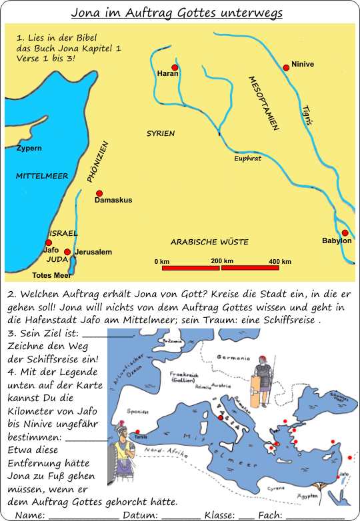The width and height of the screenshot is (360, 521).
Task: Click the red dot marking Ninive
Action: click(x=286, y=67)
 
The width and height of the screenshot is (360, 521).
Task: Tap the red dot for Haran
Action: click(x=175, y=68)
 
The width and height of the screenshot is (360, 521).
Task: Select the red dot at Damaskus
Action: click(x=99, y=193)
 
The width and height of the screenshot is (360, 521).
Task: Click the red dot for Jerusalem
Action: click(x=67, y=252)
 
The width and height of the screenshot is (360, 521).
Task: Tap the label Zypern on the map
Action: click(x=29, y=148)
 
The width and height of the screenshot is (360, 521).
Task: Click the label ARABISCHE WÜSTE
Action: click(x=209, y=242)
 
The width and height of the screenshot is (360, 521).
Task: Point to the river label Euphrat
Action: click(x=247, y=159)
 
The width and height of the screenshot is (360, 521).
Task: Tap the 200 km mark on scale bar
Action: click(x=221, y=261)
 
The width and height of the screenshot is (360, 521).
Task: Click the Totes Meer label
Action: click(x=51, y=274)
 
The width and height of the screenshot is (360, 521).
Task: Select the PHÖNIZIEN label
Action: click(x=97, y=162)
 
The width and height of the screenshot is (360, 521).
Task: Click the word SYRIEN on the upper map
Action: click(x=161, y=134)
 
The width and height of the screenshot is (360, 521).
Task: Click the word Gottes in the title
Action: click(x=208, y=13)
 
